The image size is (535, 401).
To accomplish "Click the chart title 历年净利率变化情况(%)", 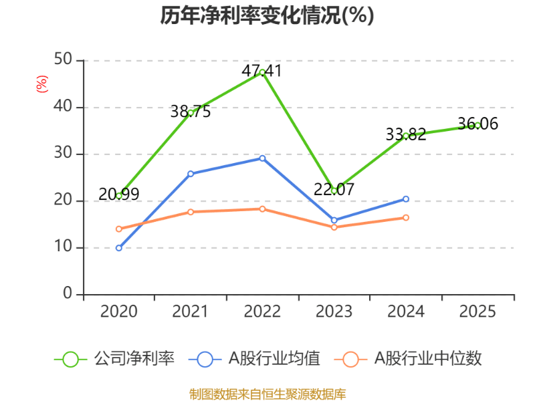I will (x=267, y=15).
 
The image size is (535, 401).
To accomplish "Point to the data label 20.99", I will (x=119, y=194).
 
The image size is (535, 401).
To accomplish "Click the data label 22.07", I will (x=334, y=189).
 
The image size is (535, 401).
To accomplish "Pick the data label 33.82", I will (x=405, y=134).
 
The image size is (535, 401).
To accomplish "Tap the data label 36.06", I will (x=477, y=124).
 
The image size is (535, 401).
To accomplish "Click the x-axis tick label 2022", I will (x=262, y=311).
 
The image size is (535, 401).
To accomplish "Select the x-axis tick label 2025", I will (x=477, y=311).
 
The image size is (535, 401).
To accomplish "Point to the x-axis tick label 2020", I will (x=118, y=311).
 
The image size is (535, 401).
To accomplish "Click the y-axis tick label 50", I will (x=64, y=60).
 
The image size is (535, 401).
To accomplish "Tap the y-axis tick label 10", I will (x=64, y=247).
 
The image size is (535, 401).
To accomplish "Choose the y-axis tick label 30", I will (x=64, y=154).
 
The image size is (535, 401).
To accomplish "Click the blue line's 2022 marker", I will (x=262, y=158).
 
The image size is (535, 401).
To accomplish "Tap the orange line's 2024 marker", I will (x=406, y=217).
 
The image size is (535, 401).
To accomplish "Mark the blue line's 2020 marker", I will (x=118, y=248).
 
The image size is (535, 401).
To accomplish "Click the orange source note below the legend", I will (x=267, y=394).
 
